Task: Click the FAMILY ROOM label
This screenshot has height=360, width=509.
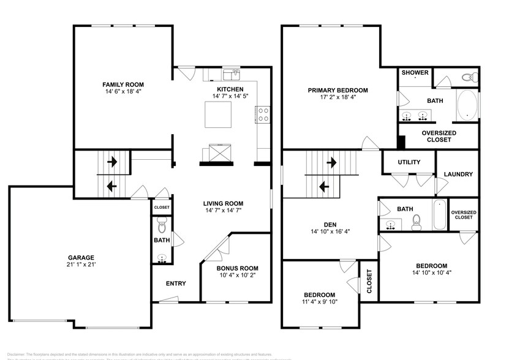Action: (x=123, y=84)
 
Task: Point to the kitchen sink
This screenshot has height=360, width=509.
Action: (x=231, y=75)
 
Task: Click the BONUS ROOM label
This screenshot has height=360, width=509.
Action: (x=237, y=268)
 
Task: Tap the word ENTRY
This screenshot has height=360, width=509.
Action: (x=175, y=283)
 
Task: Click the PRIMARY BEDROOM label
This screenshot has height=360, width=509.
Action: (x=337, y=90)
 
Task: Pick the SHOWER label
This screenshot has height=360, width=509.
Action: (x=415, y=73)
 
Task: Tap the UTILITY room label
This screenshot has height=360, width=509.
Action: (x=409, y=162)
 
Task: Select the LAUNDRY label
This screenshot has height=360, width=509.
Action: (x=459, y=174)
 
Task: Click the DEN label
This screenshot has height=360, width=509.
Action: (x=332, y=223)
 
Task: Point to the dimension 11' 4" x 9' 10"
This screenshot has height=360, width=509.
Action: (x=319, y=301)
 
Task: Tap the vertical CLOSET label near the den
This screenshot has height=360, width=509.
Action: (x=369, y=281)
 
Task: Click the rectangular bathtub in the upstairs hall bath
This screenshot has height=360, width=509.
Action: (x=439, y=214)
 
